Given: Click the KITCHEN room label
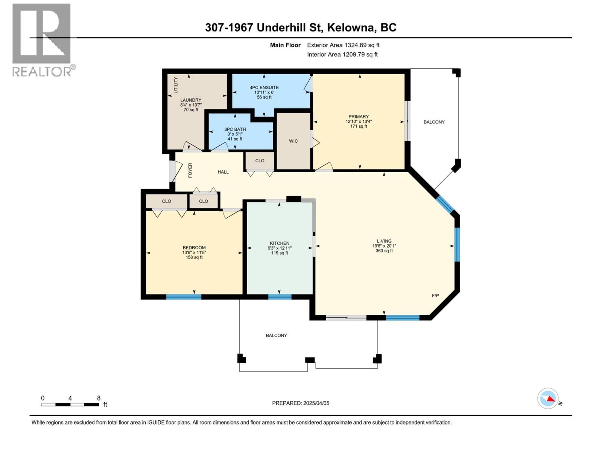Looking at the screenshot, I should [x=279, y=243].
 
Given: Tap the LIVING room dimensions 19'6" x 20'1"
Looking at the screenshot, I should [x=384, y=246].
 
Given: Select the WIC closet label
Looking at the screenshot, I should [x=293, y=141].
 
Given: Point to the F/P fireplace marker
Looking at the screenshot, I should [x=435, y=296].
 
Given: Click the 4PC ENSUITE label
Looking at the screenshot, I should [x=264, y=87].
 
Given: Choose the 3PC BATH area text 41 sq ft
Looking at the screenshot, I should [x=235, y=139].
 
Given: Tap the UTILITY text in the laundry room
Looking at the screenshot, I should [x=176, y=85].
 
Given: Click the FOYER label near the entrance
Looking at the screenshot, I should [x=190, y=170].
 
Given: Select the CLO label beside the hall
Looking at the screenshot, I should [x=260, y=160].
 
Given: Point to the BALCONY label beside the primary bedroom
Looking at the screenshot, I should [x=434, y=122].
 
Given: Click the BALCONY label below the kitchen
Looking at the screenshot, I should [x=276, y=335].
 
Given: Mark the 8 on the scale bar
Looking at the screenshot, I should [x=99, y=398].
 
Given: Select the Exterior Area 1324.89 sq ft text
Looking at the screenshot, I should [x=343, y=45].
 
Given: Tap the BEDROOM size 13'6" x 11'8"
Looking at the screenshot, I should [x=194, y=253].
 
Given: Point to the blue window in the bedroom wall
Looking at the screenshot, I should [x=184, y=297].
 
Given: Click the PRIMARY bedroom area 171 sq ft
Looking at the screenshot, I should [x=358, y=127].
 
